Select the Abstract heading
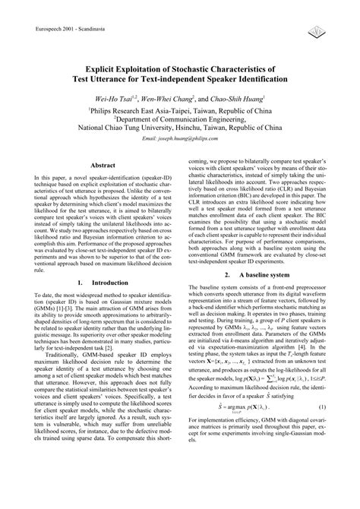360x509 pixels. (103, 185)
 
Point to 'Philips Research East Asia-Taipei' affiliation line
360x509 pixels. (180, 109)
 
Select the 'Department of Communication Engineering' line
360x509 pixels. (180, 119)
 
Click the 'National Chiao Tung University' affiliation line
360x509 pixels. (180, 129)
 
